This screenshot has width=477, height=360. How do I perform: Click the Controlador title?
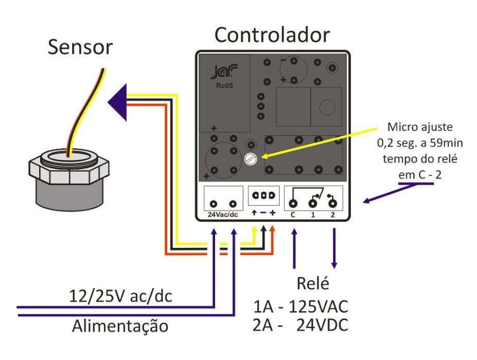(272, 34)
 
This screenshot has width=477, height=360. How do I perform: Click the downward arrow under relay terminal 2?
(334, 249)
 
